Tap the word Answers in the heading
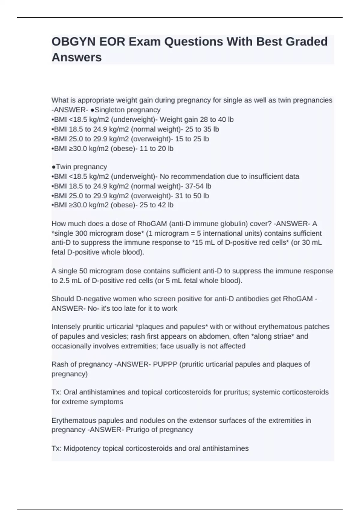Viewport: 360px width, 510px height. (76, 57)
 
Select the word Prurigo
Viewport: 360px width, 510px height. (138, 430)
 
